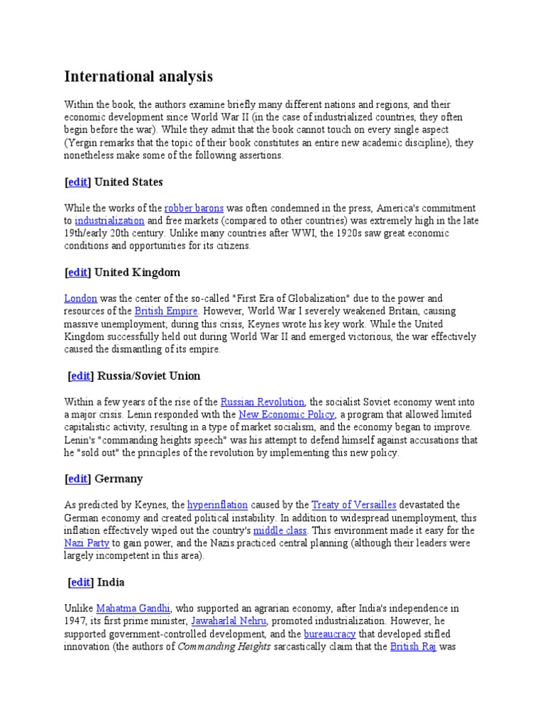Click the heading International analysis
pos(138,77)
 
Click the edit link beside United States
pos(78,182)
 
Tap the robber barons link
pos(194,208)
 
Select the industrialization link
pos(109,221)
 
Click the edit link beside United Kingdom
pos(78,272)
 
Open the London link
pos(80,298)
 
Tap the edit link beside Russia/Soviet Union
pos(81,376)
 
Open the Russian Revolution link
pos(263,402)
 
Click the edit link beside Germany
pos(78,479)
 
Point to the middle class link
pos(280,530)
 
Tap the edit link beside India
pos(81,582)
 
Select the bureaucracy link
pos(330,634)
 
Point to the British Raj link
pos(414,647)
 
